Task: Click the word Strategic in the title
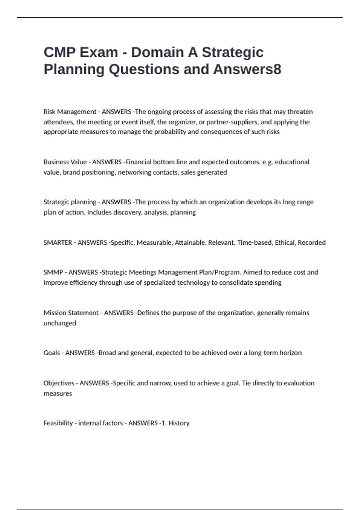232,52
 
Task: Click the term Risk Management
70,112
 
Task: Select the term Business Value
65,162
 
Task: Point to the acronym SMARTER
58,242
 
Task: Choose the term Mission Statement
71,313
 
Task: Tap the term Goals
52,353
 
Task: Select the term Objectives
59,383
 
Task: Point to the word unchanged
60,323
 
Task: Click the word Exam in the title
98,52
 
